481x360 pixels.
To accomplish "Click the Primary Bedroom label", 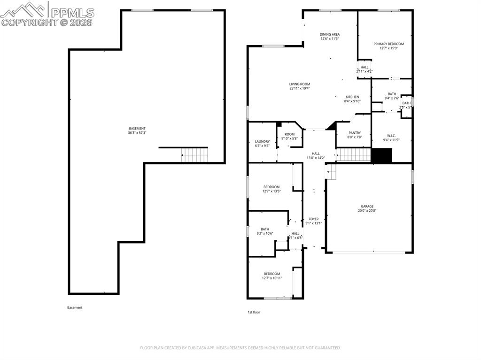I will [388, 44].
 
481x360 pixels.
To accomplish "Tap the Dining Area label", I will [330, 34].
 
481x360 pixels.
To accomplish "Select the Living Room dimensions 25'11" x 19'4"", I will [299, 88].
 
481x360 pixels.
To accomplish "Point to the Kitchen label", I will [352, 97].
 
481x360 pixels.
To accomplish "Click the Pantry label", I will [354, 133].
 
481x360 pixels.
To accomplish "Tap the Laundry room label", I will [262, 141].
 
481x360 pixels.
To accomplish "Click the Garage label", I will [367, 207].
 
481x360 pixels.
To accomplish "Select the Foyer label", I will [313, 219].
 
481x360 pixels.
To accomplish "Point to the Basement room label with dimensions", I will [137, 130].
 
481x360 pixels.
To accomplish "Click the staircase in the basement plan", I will [194, 154].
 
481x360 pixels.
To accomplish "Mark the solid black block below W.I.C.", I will [381, 155].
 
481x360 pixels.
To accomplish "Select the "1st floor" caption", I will [254, 312].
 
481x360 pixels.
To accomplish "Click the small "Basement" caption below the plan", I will [75, 308].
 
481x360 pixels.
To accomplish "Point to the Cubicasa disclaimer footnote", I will [240, 348].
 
